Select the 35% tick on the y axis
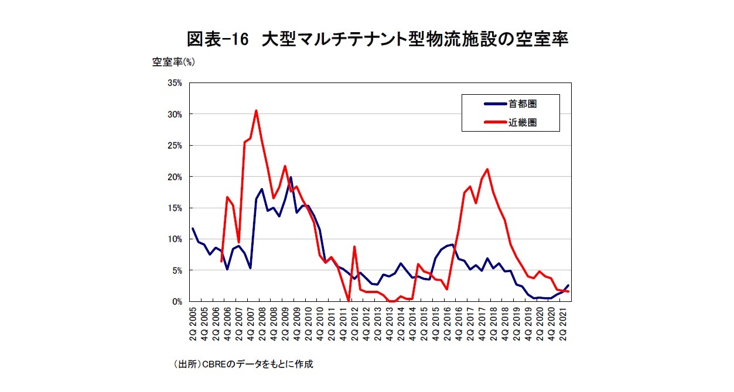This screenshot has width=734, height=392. (x=175, y=83)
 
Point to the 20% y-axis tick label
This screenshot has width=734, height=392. (x=175, y=177)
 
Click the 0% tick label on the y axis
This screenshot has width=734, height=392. (x=177, y=302)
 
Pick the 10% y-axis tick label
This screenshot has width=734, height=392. (x=175, y=239)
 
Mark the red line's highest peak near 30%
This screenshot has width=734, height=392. (x=256, y=111)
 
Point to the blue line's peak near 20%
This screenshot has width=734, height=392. (x=291, y=177)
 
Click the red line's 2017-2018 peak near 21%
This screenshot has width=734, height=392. (x=487, y=169)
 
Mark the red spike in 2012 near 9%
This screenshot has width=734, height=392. (x=354, y=247)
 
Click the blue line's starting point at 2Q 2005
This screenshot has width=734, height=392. (x=193, y=229)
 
